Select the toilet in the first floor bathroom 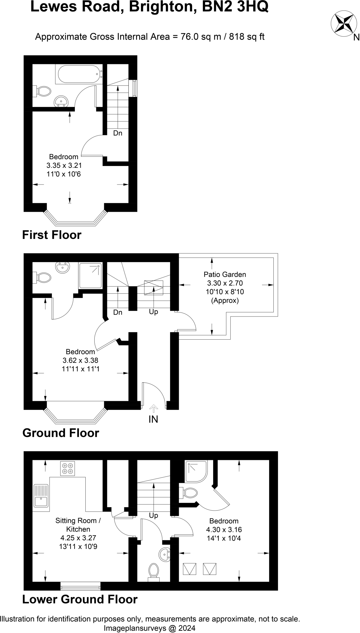pyautogui.click(x=43, y=91)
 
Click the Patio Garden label pyautogui.click(x=225, y=274)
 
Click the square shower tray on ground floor pyautogui.click(x=90, y=275)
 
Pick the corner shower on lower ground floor pyautogui.click(x=196, y=471)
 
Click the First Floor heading pyautogui.click(x=52, y=235)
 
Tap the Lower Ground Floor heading pyautogui.click(x=80, y=599)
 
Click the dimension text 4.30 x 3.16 pyautogui.click(x=224, y=529)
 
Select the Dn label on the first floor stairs pyautogui.click(x=118, y=133)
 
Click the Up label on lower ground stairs pyautogui.click(x=153, y=515)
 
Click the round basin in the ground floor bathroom pyautogui.click(x=63, y=267)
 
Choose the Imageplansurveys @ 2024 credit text pyautogui.click(x=149, y=628)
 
